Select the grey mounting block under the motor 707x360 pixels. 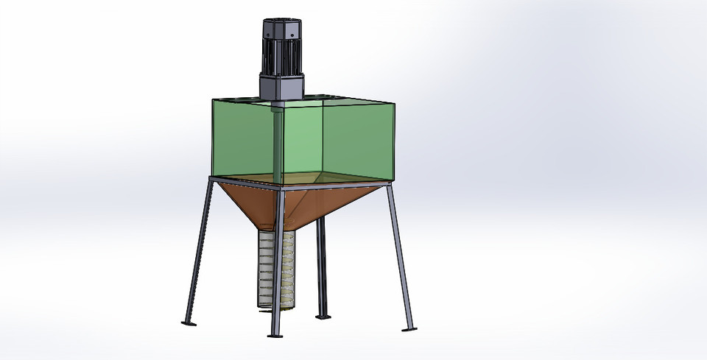click(281, 88)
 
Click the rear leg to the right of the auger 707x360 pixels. click(320, 265)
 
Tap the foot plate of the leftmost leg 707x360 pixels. click(189, 322)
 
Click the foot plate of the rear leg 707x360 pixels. click(323, 317)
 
